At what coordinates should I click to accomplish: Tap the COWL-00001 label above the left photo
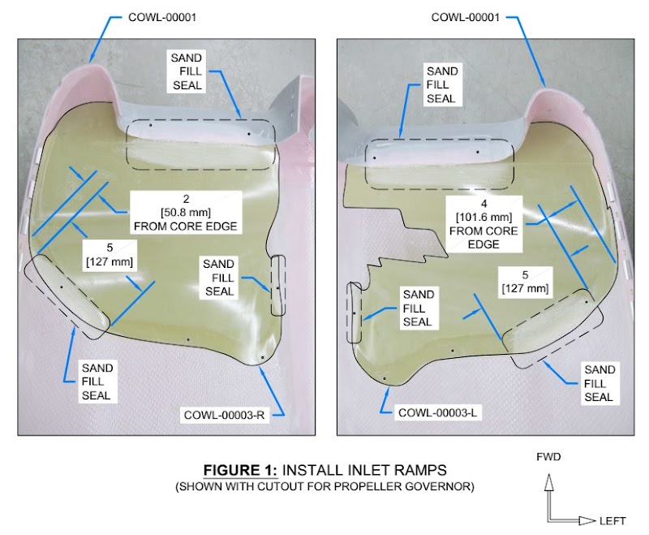163,17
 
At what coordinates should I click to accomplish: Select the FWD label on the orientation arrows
549,457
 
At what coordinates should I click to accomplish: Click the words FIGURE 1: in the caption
235,471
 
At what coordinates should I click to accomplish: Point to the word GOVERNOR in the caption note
439,487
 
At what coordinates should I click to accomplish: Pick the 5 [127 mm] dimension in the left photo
110,254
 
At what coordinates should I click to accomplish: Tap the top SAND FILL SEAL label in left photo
190,71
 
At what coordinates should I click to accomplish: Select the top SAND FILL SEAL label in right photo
442,84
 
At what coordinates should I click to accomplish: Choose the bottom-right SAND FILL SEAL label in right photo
599,383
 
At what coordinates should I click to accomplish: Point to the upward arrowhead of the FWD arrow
549,481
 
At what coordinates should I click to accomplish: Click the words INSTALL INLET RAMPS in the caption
355,471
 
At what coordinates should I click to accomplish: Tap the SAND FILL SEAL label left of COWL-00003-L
419,308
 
